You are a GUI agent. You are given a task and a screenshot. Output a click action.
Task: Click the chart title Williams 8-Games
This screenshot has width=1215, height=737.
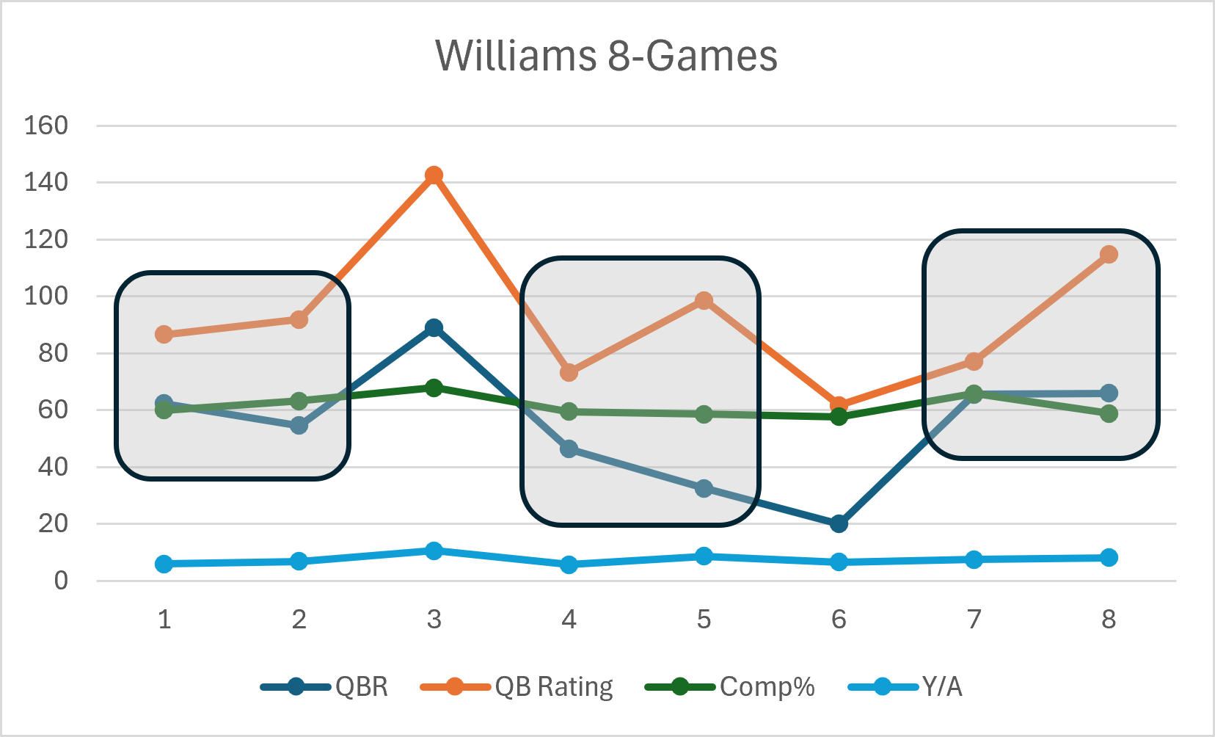[606, 56]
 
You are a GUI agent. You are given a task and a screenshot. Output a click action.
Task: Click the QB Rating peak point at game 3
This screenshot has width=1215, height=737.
[434, 175]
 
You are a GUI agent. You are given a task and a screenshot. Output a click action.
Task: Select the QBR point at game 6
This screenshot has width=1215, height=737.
[839, 523]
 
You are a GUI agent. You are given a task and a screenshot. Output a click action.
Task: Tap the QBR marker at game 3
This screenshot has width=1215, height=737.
[434, 327]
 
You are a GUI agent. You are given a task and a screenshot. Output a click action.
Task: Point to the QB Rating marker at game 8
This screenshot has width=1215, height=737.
[1109, 255]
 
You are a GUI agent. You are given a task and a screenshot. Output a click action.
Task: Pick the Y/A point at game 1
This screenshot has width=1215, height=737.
[164, 564]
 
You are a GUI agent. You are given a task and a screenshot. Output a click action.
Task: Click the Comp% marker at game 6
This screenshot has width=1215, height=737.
[839, 417]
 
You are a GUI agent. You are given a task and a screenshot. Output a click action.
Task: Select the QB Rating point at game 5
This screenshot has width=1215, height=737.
[704, 301]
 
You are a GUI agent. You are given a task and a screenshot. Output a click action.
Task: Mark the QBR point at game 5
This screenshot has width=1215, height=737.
[704, 488]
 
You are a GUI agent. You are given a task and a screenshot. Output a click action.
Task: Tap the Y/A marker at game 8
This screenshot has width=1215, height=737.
[1109, 558]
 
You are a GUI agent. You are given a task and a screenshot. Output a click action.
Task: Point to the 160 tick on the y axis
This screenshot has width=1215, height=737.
[46, 126]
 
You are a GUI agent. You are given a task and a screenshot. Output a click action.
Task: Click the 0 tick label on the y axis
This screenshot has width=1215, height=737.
[61, 581]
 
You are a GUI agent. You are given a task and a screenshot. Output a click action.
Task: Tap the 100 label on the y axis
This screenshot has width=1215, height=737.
[46, 297]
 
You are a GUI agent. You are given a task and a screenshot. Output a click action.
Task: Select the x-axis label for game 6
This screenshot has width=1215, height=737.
[839, 620]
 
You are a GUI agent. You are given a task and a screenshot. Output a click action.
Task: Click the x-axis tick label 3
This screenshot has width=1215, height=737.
[434, 620]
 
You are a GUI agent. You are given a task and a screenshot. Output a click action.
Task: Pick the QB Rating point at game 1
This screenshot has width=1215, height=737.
[164, 335]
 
